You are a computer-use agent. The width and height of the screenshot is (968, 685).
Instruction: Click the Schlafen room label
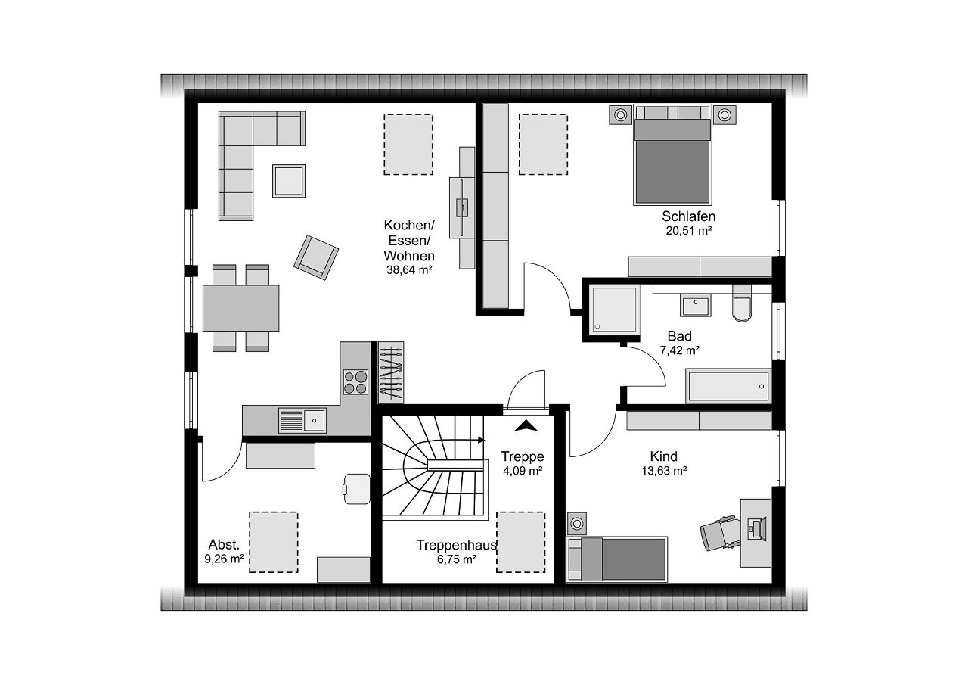coord(688,216)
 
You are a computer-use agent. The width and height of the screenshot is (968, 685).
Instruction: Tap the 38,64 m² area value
coord(409,270)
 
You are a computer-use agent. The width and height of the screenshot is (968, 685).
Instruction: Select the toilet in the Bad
coord(742,304)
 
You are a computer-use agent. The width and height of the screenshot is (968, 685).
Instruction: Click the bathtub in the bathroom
coord(728,386)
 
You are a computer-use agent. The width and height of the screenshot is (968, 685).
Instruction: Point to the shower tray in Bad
coord(614,310)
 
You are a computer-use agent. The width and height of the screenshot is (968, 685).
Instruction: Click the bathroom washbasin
coord(695,305)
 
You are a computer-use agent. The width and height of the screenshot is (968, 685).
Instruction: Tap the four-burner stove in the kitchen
coord(355,382)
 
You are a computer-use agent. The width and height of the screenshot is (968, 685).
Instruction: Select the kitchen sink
coord(302,420)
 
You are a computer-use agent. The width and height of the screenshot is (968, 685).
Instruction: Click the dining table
coord(241,308)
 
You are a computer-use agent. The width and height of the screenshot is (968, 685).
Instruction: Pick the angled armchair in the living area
coord(316,257)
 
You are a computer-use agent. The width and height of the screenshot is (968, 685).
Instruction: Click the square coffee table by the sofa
coord(289,181)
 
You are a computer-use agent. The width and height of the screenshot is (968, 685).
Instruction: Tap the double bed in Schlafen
coord(672,154)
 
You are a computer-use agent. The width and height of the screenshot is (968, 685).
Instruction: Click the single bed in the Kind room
coord(617,559)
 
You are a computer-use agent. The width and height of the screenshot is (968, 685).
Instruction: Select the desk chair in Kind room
coord(719,533)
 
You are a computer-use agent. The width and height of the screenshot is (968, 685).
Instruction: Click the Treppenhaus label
coord(456,545)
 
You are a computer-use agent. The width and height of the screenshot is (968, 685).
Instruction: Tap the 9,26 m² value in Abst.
coord(224,559)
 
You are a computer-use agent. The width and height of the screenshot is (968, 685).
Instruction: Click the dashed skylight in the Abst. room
coord(274,542)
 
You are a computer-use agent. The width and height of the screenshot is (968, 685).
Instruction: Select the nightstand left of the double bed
coord(621,115)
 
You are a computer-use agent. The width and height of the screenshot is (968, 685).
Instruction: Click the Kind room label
coord(664,456)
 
